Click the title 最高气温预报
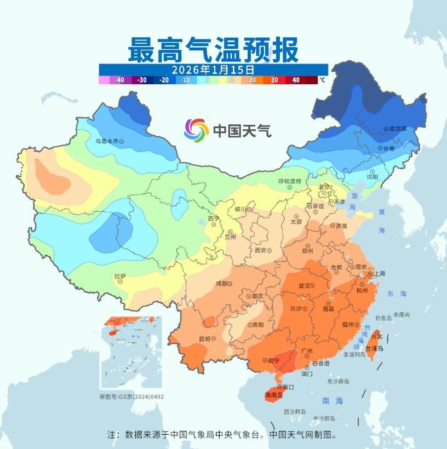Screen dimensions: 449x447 [x=214, y=50]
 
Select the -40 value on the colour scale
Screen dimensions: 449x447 [x=120, y=80]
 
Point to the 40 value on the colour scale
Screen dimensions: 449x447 [x=296, y=80]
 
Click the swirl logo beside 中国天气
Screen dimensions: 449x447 [x=196, y=130]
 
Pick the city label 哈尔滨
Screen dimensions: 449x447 [x=398, y=129]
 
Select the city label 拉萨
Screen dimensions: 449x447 [x=121, y=277]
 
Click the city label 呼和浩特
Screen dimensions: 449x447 [x=290, y=181]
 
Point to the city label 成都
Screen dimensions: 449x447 [x=222, y=284]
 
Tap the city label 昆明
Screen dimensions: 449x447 [x=204, y=339]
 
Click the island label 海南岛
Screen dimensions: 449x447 [x=273, y=394]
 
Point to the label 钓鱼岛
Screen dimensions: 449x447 [x=383, y=318]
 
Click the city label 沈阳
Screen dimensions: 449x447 [x=373, y=176]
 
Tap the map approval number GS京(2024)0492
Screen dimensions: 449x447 [x=131, y=396]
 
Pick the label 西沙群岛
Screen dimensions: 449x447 [x=295, y=411]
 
